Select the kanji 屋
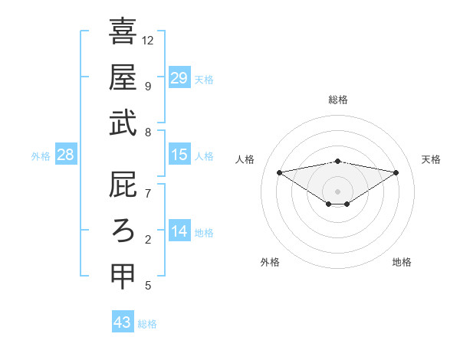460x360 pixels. (123, 77)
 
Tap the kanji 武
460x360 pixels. (123, 123)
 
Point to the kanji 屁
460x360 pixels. (123, 184)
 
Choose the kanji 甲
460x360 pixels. (123, 276)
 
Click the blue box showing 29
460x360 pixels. (179, 77)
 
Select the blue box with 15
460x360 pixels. (179, 155)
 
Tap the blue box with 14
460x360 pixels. (179, 231)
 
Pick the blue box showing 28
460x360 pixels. (66, 155)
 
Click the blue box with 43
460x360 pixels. (123, 322)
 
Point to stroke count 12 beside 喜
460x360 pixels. (148, 40)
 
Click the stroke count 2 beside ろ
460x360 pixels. (148, 240)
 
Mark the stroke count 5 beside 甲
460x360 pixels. (148, 286)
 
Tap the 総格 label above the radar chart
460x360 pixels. (337, 100)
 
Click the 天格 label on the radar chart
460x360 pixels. (431, 159)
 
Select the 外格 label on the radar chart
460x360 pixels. (270, 262)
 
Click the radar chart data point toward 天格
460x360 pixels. (396, 172)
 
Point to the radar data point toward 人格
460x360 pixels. (279, 172)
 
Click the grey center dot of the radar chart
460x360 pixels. (337, 191)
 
